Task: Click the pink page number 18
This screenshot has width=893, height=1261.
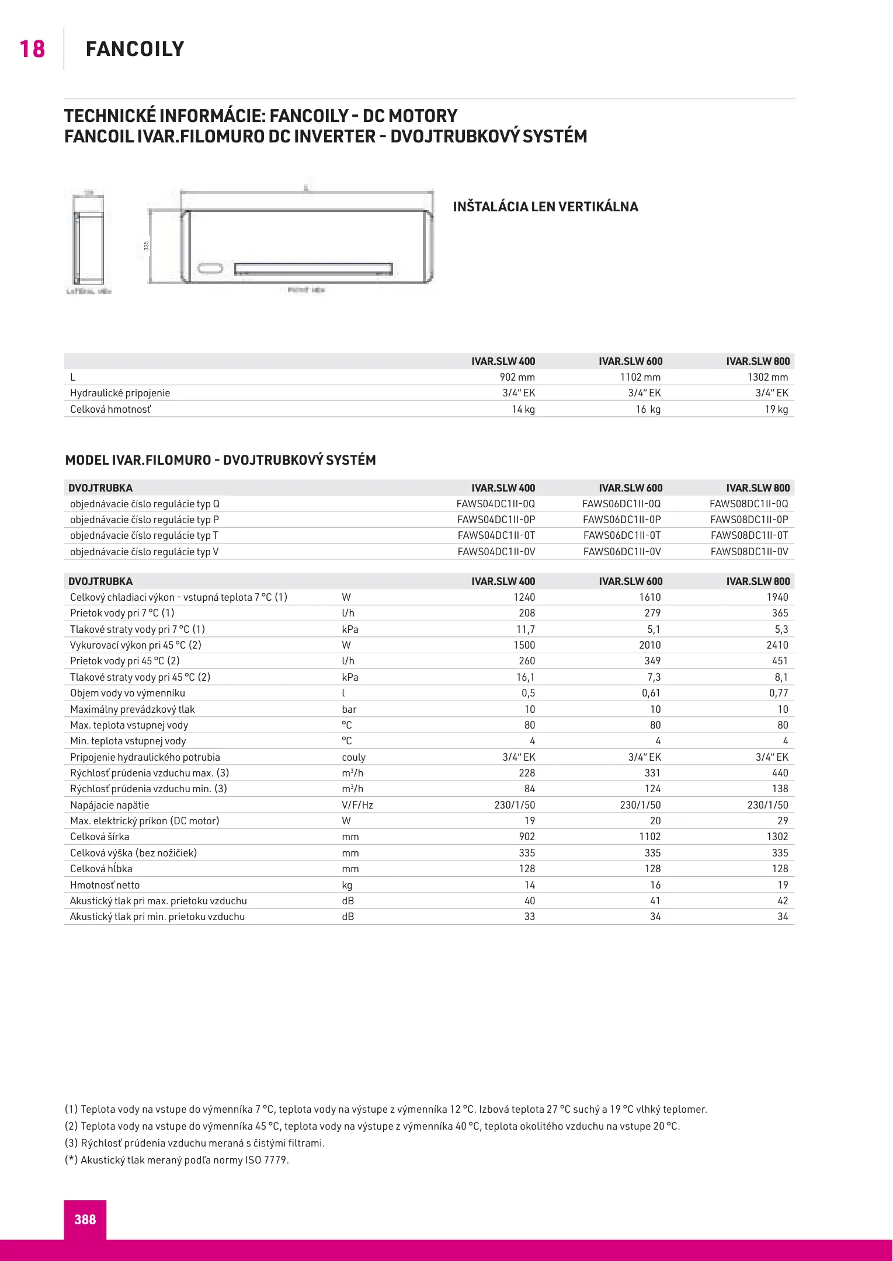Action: tap(32, 49)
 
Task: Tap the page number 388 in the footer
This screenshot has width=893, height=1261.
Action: tap(85, 1219)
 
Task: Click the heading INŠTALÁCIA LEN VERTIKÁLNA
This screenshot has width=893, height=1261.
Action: tap(545, 207)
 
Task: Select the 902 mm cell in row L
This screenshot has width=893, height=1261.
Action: tap(517, 377)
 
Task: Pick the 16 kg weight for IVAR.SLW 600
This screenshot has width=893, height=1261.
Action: tap(648, 409)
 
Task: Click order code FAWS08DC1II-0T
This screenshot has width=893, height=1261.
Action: tap(749, 535)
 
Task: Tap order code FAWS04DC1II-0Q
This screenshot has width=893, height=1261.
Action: tap(496, 504)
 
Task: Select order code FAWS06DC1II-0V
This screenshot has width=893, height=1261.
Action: tap(622, 552)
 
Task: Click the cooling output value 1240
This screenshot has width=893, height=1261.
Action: tap(524, 597)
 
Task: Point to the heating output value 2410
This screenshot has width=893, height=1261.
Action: tap(777, 645)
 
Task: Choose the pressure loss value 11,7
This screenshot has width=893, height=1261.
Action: tap(525, 629)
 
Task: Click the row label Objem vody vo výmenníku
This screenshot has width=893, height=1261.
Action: tap(127, 693)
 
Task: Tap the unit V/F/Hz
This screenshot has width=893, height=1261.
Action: tap(357, 805)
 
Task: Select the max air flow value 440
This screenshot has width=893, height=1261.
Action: tap(780, 773)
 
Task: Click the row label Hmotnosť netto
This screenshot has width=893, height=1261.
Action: tap(105, 885)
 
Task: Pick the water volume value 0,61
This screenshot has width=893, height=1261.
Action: tap(651, 693)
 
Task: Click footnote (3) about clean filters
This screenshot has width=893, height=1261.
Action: tap(194, 1143)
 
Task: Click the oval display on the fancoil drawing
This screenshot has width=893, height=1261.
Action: tap(210, 269)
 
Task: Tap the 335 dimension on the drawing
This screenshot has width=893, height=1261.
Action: tap(147, 246)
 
